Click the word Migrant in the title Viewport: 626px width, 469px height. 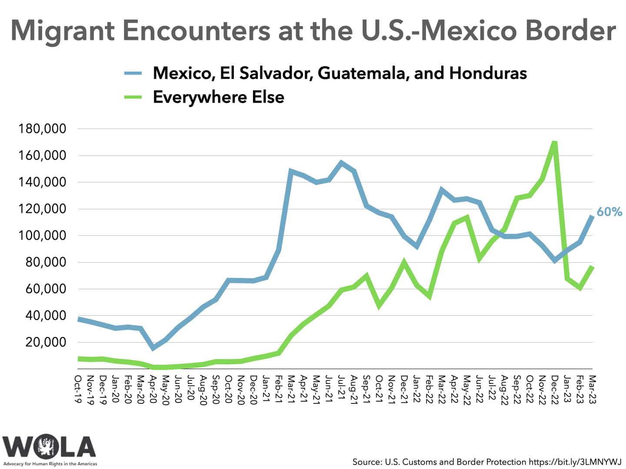[x=63, y=30]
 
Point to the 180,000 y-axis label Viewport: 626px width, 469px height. [x=42, y=129]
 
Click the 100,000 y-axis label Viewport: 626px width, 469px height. [x=42, y=236]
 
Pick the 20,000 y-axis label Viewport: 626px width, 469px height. [x=45, y=342]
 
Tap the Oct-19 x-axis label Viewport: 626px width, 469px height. [x=79, y=389]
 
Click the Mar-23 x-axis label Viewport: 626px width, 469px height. [x=593, y=389]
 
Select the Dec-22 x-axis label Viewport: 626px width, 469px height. [x=555, y=389]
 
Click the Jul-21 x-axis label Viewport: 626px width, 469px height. [x=342, y=389]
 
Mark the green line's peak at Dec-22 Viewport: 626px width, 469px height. [x=554, y=142]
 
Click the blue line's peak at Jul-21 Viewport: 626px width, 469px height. [x=341, y=163]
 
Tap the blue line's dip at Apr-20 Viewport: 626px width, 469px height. [x=153, y=348]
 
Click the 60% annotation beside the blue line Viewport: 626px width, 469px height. [x=609, y=212]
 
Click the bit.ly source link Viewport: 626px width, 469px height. [x=575, y=462]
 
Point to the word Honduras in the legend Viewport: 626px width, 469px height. [x=488, y=73]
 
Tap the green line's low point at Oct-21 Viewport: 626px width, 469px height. [x=379, y=306]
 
